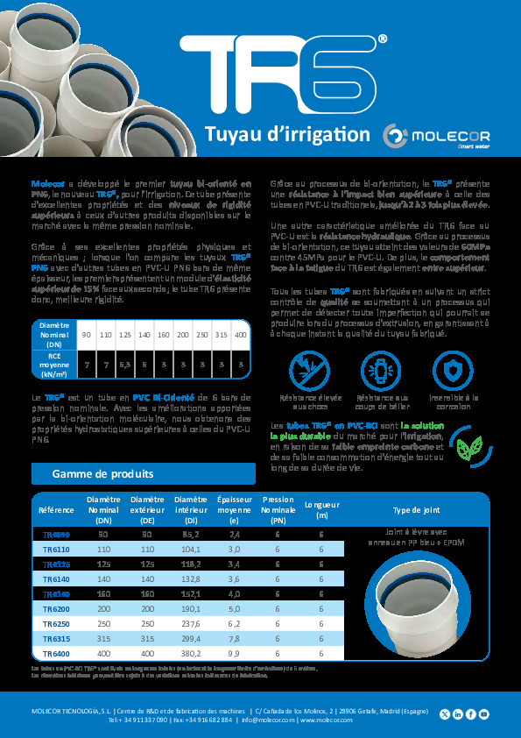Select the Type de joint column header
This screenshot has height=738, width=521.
(416, 509)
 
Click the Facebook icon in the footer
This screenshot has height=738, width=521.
(471, 714)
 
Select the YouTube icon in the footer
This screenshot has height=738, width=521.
(484, 714)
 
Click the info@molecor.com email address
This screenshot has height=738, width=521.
(266, 720)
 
